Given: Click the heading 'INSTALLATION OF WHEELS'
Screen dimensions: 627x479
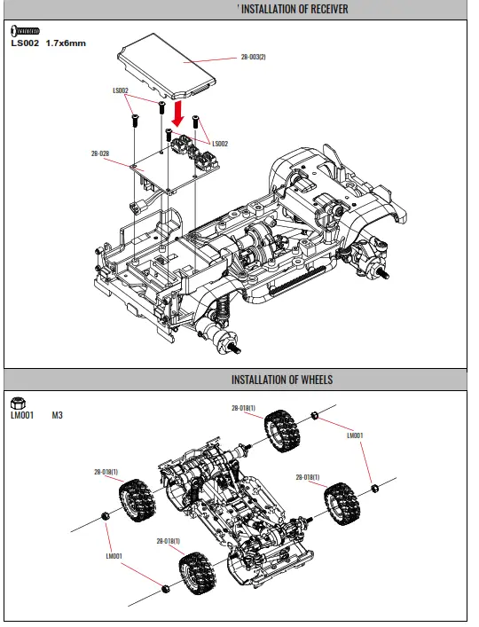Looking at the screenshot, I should click(282, 380).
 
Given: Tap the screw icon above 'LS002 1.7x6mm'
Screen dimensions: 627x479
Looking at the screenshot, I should click(25, 32).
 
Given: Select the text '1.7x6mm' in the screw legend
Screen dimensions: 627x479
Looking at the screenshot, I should click(67, 43).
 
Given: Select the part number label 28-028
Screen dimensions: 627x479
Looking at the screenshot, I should click(100, 153).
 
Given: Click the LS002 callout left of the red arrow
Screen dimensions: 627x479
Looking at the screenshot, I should click(121, 90).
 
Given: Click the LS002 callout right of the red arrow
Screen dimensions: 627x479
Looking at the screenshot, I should click(220, 144).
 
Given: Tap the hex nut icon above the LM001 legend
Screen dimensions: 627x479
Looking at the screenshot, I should click(18, 401).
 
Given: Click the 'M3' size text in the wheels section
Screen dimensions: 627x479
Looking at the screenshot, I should click(58, 414).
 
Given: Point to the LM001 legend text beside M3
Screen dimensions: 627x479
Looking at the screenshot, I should click(21, 414).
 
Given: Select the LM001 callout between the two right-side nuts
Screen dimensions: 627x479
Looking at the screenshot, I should click(355, 435).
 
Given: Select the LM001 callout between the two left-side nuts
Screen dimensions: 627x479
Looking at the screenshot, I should click(113, 556).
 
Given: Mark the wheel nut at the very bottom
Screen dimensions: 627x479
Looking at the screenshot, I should click(166, 588).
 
